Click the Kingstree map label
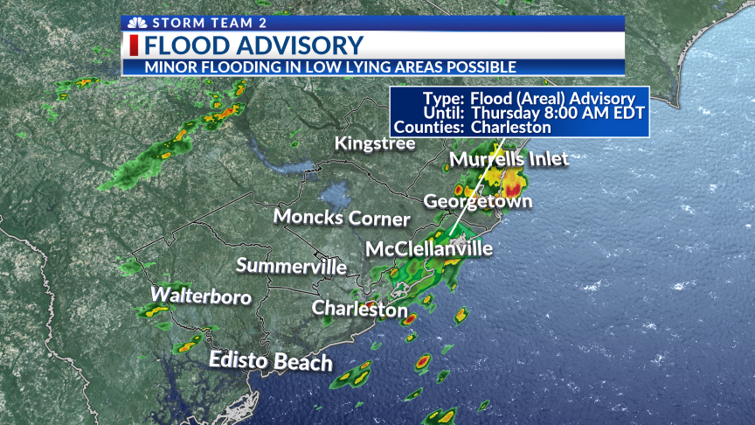375,143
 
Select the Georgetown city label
477,201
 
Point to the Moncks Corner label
342,217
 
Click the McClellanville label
428,249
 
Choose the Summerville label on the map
291,266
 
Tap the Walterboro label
201,296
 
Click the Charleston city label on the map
359,309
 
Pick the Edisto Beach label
270,361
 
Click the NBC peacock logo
135,23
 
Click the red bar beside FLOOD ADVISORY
135,45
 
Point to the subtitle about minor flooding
330,66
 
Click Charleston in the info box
511,127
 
